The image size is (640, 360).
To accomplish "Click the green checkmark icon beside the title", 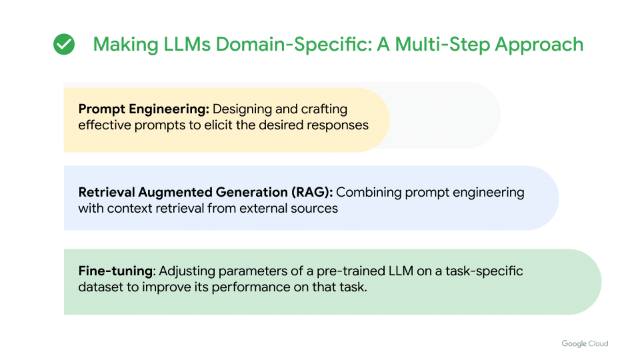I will pyautogui.click(x=64, y=45).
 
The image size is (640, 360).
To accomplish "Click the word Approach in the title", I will pyautogui.click(x=540, y=45).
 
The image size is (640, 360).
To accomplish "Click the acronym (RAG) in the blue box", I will pyautogui.click(x=311, y=193).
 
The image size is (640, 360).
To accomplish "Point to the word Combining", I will pyautogui.click(x=367, y=193).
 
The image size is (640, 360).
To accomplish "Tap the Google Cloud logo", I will pyautogui.click(x=585, y=343).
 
